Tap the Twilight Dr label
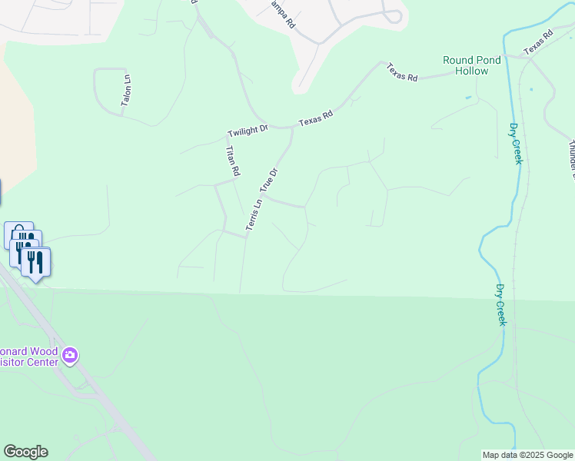pyautogui.click(x=247, y=131)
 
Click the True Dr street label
pyautogui.click(x=268, y=180)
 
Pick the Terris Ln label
pyautogui.click(x=254, y=214)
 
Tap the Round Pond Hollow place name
pyautogui.click(x=471, y=65)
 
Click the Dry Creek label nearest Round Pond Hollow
pyautogui.click(x=516, y=144)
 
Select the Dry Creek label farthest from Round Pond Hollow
pyautogui.click(x=500, y=304)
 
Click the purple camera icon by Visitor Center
pyautogui.click(x=71, y=355)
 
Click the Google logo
pyautogui.click(x=25, y=452)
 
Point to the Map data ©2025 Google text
pyautogui.click(x=527, y=455)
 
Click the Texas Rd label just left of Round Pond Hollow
pyautogui.click(x=402, y=72)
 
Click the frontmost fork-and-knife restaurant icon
pyautogui.click(x=35, y=263)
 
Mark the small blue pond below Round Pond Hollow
pyautogui.click(x=468, y=98)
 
